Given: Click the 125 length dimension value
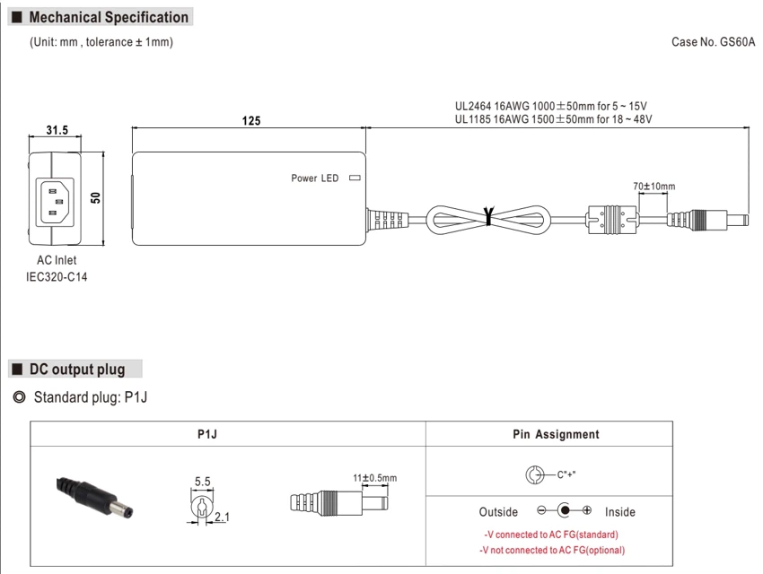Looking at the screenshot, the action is click(x=251, y=120).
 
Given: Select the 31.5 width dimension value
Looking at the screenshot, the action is click(x=57, y=130).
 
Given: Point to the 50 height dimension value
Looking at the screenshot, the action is click(x=95, y=197).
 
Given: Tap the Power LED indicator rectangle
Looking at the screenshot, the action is click(x=355, y=178).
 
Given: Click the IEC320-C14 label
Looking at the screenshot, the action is click(x=57, y=277).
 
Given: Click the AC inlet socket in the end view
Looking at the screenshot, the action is click(x=54, y=201).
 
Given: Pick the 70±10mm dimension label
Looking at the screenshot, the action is click(x=654, y=187).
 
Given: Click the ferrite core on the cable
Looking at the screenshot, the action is click(x=611, y=219).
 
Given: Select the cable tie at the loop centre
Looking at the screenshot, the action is click(x=488, y=216).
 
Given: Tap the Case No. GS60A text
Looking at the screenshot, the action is click(x=713, y=42).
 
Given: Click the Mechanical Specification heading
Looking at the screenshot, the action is click(x=109, y=18).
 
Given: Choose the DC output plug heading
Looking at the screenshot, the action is click(x=77, y=370).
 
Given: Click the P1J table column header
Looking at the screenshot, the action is click(x=207, y=434).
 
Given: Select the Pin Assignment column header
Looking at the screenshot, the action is click(x=556, y=434).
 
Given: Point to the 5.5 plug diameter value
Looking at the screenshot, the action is click(x=203, y=482).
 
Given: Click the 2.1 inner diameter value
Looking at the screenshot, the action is click(x=222, y=517).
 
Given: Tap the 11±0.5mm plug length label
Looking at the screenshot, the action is click(x=374, y=478).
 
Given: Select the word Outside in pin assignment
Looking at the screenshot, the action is click(x=498, y=512).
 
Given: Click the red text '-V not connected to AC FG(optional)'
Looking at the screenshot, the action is click(x=552, y=550).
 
